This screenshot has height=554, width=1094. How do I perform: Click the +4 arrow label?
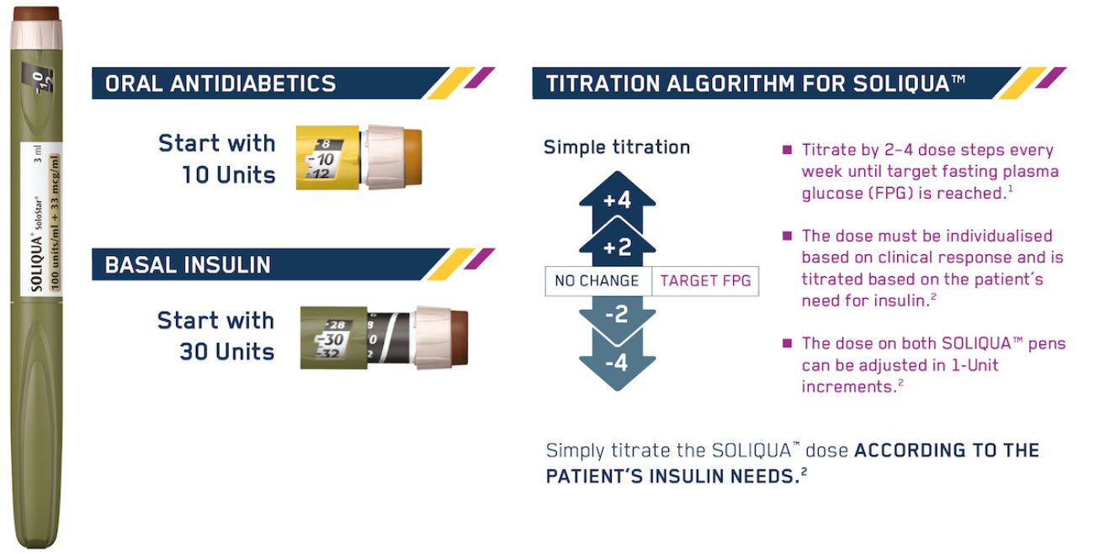617,200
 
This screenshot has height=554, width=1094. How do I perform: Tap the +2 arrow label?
617,248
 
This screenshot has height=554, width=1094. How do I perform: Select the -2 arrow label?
616,314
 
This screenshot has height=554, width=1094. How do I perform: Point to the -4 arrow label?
616,363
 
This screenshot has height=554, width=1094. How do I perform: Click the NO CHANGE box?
598,281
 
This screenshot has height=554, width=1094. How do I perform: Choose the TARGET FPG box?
705,281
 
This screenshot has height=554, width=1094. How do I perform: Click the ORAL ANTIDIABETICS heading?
220,83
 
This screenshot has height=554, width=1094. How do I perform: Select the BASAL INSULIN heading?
188,264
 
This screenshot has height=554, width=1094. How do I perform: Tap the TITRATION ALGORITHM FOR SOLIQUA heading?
755,83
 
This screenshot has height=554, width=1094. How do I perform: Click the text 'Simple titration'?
617,147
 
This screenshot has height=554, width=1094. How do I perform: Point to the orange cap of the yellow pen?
412,157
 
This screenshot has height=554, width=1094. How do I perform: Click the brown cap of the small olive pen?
459,338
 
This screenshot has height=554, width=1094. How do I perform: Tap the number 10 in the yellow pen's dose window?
326,159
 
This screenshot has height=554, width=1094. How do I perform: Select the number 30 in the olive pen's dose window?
333,339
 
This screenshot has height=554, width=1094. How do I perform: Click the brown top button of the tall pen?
36,13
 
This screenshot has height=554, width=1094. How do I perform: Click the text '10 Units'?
229,174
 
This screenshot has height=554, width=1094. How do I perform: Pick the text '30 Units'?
227,352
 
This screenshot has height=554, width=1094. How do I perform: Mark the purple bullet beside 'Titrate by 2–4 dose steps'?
787,150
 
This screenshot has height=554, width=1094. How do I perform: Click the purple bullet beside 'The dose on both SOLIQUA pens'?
787,343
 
